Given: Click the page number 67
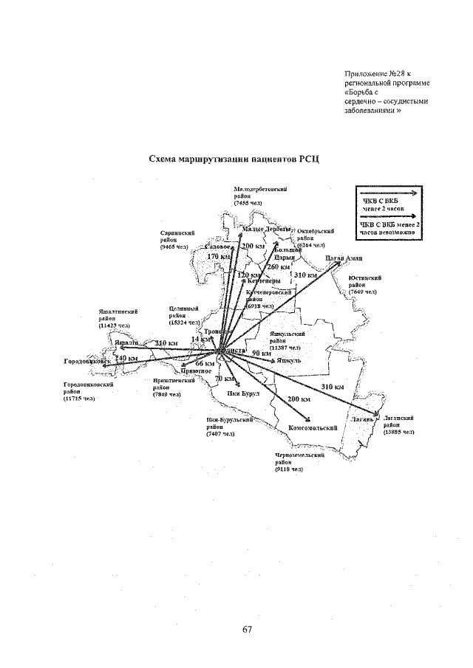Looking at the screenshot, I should point(248,630).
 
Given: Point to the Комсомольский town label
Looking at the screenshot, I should point(313,427).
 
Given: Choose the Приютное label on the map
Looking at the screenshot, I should point(197,371).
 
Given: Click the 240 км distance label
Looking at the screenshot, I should point(127,358).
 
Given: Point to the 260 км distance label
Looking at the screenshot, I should point(278,266).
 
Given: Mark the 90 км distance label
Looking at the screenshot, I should point(261,354).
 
